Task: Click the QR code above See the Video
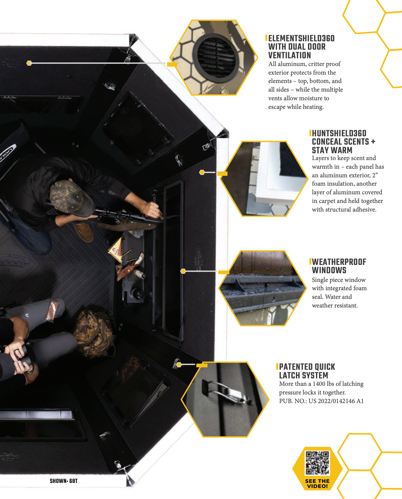click(317, 463)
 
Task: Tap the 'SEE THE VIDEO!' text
click(318, 484)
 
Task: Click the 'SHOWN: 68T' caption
click(64, 481)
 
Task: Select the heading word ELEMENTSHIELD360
click(301, 39)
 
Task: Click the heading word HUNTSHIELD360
click(339, 134)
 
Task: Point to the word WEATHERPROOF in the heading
click(339, 262)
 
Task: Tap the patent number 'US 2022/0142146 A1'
click(336, 401)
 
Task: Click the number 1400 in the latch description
click(319, 384)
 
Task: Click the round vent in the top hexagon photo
click(215, 57)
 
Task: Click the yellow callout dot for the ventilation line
click(29, 63)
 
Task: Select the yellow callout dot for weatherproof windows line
click(183, 271)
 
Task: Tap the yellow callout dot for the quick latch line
click(179, 365)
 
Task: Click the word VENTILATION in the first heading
click(289, 56)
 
